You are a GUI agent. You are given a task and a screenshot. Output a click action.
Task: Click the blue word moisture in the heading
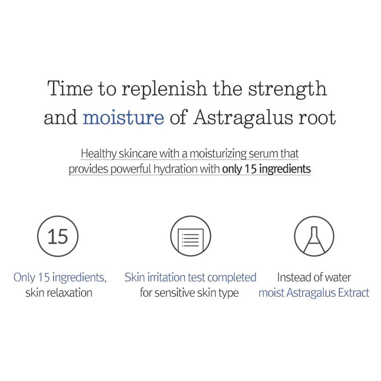pos(123,117)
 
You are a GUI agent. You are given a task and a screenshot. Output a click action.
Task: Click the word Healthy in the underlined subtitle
pos(97,154)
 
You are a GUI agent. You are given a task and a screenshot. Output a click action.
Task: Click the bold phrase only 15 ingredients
pos(266,169)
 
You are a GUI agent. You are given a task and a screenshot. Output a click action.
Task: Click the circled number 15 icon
pos(58,236)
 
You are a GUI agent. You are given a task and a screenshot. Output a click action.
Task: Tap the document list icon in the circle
pos(190,236)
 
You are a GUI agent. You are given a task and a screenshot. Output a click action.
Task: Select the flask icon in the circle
pos(314,236)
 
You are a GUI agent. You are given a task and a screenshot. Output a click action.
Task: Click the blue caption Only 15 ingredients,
pos(60,277)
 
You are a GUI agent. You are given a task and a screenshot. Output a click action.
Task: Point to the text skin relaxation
pos(59,293)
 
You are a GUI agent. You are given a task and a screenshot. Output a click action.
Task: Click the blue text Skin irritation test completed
pos(190,277)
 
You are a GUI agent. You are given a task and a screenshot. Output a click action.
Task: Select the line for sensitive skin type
pos(189,293)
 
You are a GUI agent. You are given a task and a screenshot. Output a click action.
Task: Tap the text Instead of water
pos(314,277)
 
